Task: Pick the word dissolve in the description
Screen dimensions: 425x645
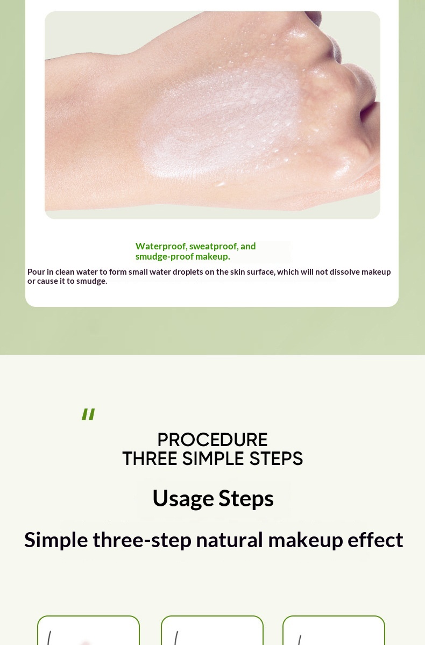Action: [345, 272]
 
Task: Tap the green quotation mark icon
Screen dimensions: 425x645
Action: [88, 414]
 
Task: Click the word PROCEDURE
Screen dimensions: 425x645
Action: [212, 440]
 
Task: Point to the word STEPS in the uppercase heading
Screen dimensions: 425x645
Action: [276, 458]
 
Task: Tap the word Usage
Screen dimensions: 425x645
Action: [183, 498]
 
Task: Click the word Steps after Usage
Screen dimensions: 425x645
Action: [246, 498]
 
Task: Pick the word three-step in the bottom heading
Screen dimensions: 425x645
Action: [142, 540]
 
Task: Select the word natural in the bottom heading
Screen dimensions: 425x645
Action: [229, 540]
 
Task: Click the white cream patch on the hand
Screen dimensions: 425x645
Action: [219, 121]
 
